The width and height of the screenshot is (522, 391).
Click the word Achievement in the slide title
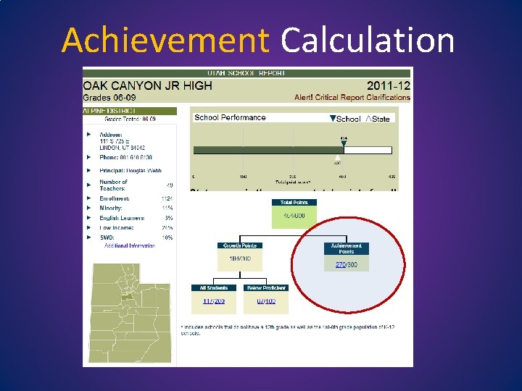165,40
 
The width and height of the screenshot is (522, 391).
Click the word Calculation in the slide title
368,40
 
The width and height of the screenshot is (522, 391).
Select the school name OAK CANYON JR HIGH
148,85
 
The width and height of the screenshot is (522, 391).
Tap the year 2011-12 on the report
388,85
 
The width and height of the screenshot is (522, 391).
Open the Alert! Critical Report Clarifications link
352,98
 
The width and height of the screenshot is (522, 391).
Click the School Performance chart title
230,117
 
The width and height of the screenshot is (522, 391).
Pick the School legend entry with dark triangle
344,118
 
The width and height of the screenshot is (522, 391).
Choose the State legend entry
377,118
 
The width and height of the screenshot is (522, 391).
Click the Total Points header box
294,203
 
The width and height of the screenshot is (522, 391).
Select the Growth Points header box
240,245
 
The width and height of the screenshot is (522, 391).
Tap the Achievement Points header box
346,248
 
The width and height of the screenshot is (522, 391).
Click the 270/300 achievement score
346,265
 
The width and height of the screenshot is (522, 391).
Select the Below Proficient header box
266,287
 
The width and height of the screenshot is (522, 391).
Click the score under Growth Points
240,259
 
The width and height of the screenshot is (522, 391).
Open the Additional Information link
129,246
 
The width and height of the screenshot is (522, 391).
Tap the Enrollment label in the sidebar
115,198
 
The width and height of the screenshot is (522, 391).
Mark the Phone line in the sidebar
126,157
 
